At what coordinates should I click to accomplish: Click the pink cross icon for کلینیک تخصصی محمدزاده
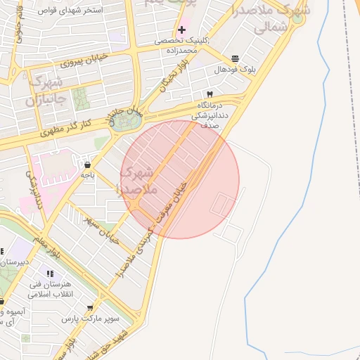tap(182, 30)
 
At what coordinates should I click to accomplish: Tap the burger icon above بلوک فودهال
tap(234, 58)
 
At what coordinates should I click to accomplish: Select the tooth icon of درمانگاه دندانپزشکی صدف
tap(210, 94)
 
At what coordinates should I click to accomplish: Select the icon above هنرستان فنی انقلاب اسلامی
tap(49, 274)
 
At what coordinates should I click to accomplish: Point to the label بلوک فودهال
tap(231, 70)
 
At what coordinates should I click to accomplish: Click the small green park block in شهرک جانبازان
tap(78, 98)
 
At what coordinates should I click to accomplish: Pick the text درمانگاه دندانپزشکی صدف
tap(211, 112)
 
